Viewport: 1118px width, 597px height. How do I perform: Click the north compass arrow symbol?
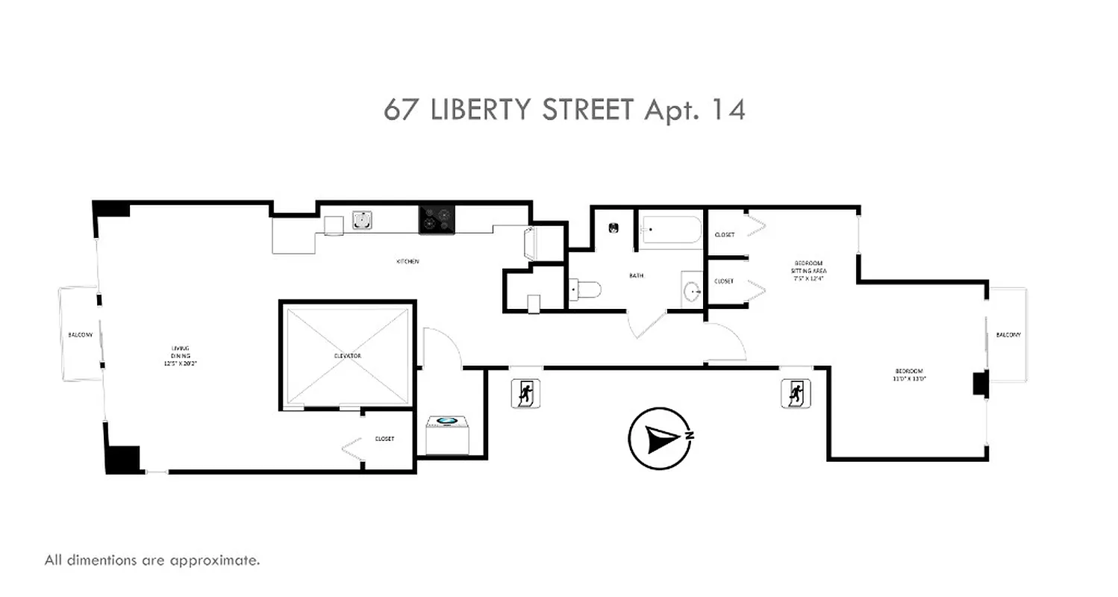click(x=660, y=439)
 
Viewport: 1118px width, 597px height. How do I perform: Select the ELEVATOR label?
click(x=348, y=356)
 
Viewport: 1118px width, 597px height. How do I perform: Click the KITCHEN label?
click(x=407, y=262)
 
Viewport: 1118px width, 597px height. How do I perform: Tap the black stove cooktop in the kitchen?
click(x=437, y=219)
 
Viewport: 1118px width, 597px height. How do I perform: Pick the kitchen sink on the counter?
click(x=363, y=220)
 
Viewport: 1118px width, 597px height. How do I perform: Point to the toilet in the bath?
click(x=584, y=289)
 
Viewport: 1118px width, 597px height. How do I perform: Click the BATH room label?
click(x=636, y=276)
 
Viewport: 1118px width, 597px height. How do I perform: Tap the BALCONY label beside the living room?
click(x=81, y=335)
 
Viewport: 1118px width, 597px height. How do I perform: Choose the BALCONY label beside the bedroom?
click(x=1008, y=335)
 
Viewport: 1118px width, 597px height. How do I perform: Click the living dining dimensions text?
click(x=180, y=364)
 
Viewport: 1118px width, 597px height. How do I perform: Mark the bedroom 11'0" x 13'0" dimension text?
click(x=910, y=378)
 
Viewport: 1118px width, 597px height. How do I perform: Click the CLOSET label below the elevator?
click(x=384, y=439)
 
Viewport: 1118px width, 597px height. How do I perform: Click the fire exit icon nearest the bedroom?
click(x=796, y=393)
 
